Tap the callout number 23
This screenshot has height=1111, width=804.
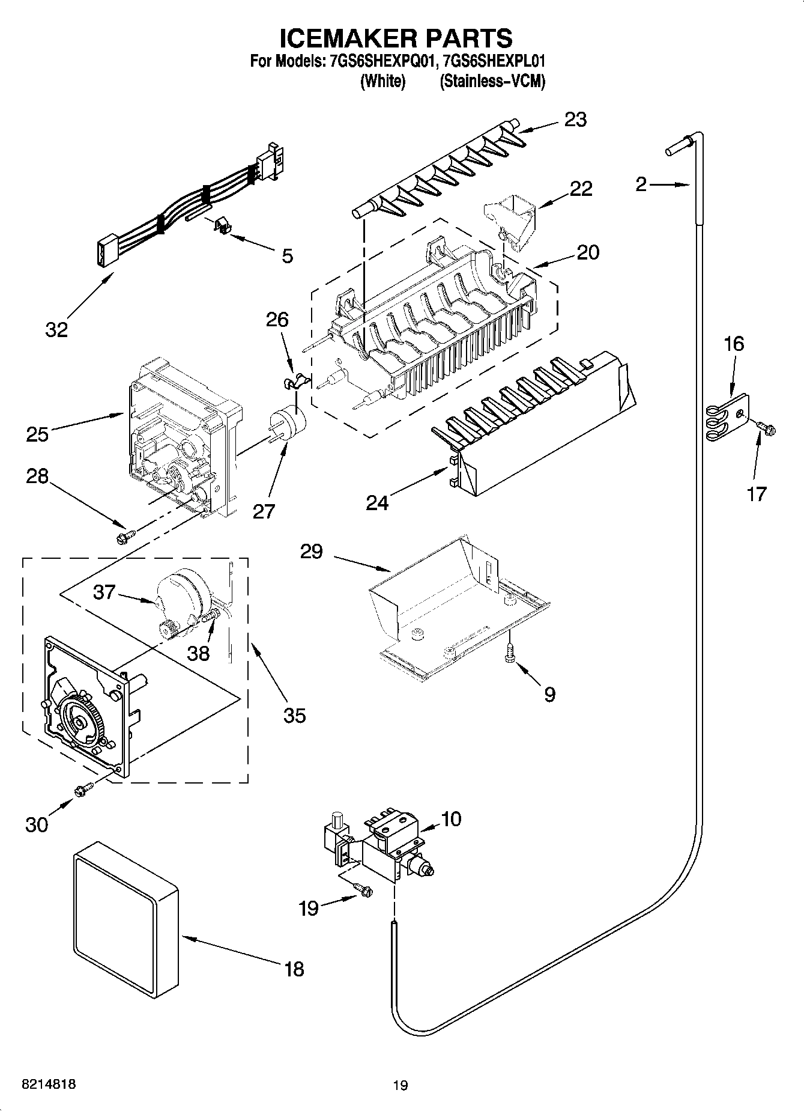(575, 120)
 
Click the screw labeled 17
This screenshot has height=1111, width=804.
(766, 427)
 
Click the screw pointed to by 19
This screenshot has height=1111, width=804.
(363, 887)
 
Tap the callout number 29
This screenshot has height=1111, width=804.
(312, 552)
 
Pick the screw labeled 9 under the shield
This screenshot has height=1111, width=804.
(509, 654)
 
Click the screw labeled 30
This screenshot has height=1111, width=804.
(82, 791)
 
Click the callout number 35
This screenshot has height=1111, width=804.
(295, 715)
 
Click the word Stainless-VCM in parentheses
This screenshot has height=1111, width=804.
(492, 81)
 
